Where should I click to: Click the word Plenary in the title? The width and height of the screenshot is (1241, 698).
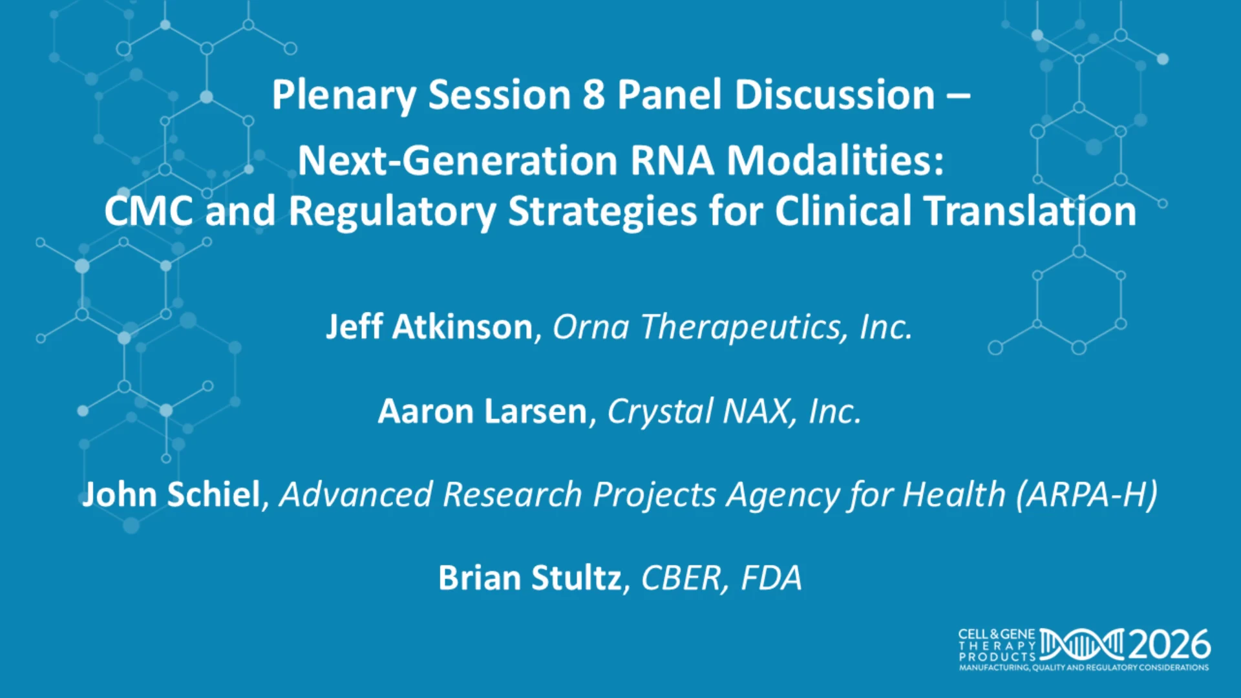tap(344, 96)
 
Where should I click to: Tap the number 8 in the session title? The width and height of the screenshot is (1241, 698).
tap(593, 94)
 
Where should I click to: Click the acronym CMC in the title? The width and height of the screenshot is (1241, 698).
tap(149, 211)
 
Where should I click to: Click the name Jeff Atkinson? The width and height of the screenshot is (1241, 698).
tap(430, 326)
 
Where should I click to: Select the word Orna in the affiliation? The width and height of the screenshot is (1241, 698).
tap(591, 327)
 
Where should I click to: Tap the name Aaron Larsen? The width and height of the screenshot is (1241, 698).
tap(483, 411)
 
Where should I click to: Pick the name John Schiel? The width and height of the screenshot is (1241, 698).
tap(171, 494)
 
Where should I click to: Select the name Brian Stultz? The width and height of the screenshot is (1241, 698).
tap(530, 578)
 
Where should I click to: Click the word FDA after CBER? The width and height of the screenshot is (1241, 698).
tap(771, 578)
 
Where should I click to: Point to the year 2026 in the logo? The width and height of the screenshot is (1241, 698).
tap(1169, 644)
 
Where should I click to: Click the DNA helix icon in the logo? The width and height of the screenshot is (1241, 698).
tap(1082, 644)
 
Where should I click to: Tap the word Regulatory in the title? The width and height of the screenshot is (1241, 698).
tap(392, 212)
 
